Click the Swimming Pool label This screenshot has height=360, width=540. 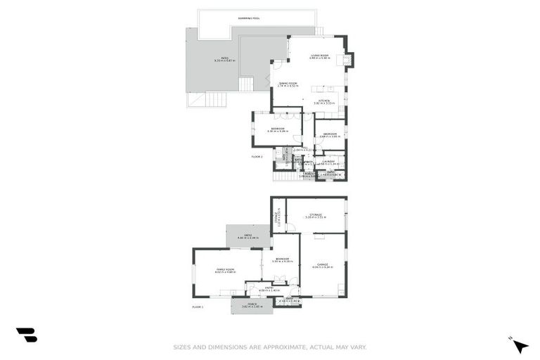coord(250,18)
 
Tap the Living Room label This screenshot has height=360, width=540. coord(319,56)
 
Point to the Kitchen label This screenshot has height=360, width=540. coord(323,101)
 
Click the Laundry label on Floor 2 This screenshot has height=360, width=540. coord(329,161)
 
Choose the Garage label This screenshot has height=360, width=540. coord(323,264)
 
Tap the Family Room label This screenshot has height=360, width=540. coord(226,269)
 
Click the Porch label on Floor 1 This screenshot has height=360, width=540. coord(251,304)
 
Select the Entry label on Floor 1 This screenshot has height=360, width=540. coord(269,288)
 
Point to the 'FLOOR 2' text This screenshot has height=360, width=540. coord(257,156)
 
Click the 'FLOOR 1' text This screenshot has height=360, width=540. coord(198,307)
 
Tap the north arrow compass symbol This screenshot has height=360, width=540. coord(520,345)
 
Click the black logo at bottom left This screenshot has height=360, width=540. coord(27,335)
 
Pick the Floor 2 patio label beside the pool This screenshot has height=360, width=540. coord(225,59)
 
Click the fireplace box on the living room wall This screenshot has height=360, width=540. coord(347,59)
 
